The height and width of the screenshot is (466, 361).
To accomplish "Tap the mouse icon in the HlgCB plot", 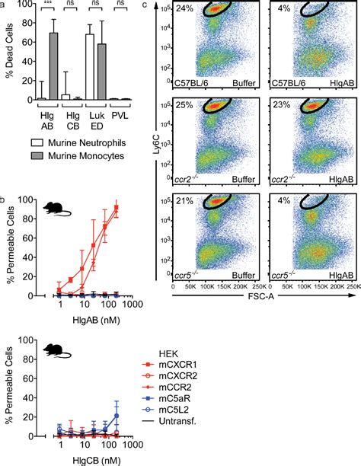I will coord(54,351).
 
